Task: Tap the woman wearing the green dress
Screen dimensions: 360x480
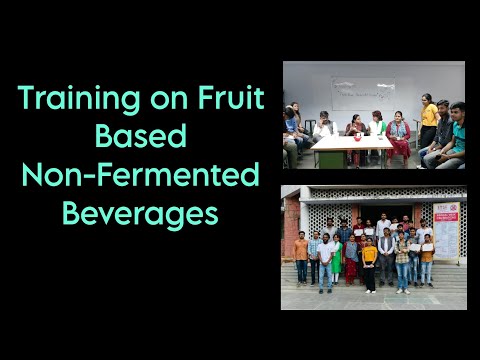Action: click(x=336, y=257)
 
